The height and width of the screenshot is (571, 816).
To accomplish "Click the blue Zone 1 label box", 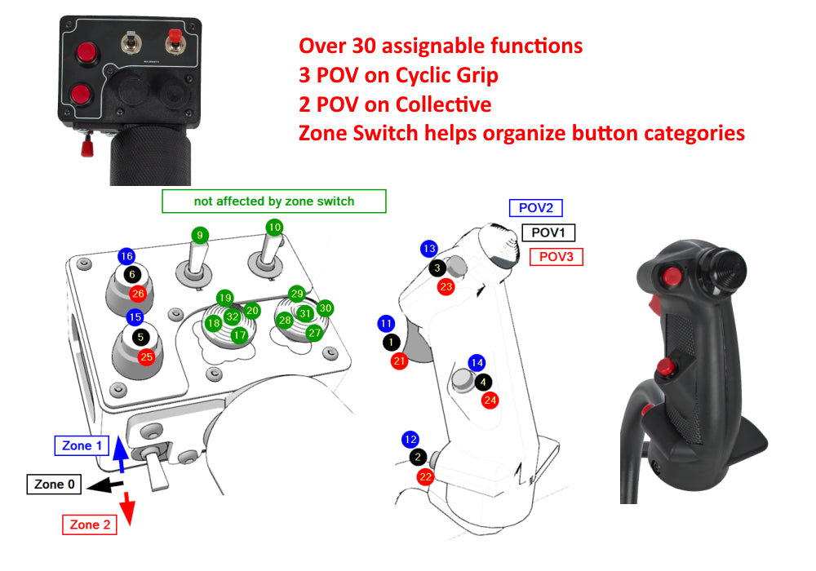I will pyautogui.click(x=82, y=446).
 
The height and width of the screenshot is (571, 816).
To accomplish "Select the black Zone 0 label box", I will pyautogui.click(x=55, y=485).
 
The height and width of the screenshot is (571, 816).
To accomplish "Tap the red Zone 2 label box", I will pyautogui.click(x=90, y=525).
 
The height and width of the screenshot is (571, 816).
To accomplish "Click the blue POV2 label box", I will pyautogui.click(x=536, y=209).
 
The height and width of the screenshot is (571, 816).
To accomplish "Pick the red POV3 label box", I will pyautogui.click(x=557, y=258).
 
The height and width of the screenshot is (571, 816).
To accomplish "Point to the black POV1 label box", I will pyautogui.click(x=548, y=233).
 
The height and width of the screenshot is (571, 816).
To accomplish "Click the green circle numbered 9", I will pyautogui.click(x=200, y=235).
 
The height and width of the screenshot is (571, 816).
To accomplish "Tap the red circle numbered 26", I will pyautogui.click(x=137, y=294).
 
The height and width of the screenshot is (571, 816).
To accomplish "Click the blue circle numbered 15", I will pyautogui.click(x=135, y=316).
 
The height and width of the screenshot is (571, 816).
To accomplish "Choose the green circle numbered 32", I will pyautogui.click(x=233, y=316).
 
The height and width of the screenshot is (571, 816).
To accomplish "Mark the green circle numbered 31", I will pyautogui.click(x=304, y=313).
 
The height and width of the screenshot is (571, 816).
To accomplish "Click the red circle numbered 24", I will pyautogui.click(x=490, y=400).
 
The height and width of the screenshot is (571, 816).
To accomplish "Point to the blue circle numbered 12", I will pyautogui.click(x=410, y=440).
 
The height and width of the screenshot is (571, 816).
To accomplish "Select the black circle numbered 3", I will pyautogui.click(x=437, y=268).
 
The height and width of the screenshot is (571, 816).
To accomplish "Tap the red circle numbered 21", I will pyautogui.click(x=399, y=361).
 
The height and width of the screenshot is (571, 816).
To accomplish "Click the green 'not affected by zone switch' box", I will pyautogui.click(x=273, y=201).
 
